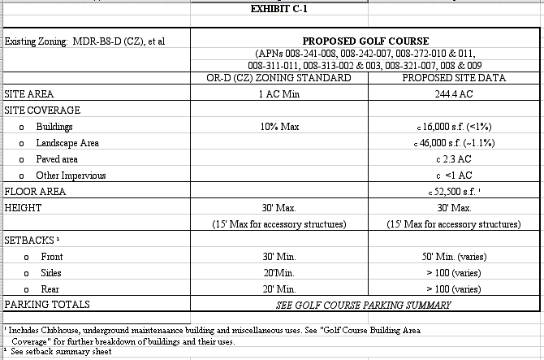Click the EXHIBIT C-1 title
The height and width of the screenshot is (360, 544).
[280, 9]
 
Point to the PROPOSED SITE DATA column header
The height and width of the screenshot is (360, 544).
[454, 78]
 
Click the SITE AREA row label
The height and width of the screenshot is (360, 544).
[29, 94]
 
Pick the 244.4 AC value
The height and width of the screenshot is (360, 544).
[454, 94]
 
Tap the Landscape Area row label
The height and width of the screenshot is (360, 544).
[67, 143]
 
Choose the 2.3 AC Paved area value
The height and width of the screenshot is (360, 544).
[454, 159]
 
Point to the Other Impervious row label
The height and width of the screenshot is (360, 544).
[71, 176]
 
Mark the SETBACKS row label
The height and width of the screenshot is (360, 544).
[32, 241]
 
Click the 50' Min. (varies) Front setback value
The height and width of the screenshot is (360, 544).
[454, 257]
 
